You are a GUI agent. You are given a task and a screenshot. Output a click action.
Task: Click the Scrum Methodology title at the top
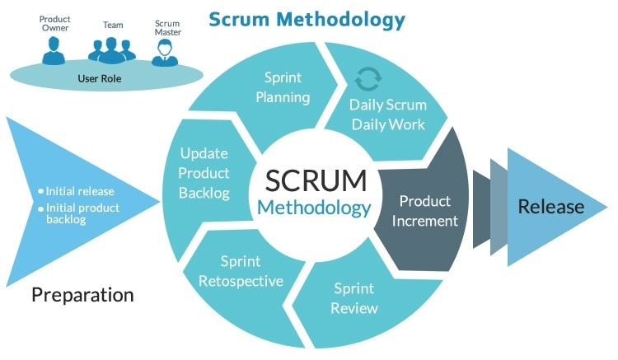(307, 17)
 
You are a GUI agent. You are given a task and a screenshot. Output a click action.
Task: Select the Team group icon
(111, 49)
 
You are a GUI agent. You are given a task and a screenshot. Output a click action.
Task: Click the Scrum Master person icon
(166, 52)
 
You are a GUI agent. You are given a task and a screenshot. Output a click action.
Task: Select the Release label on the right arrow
(550, 207)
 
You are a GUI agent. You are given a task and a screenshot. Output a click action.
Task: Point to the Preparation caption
(82, 294)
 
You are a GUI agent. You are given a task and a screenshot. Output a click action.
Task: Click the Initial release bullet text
(80, 191)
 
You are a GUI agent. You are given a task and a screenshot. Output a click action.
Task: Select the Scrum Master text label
(166, 26)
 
